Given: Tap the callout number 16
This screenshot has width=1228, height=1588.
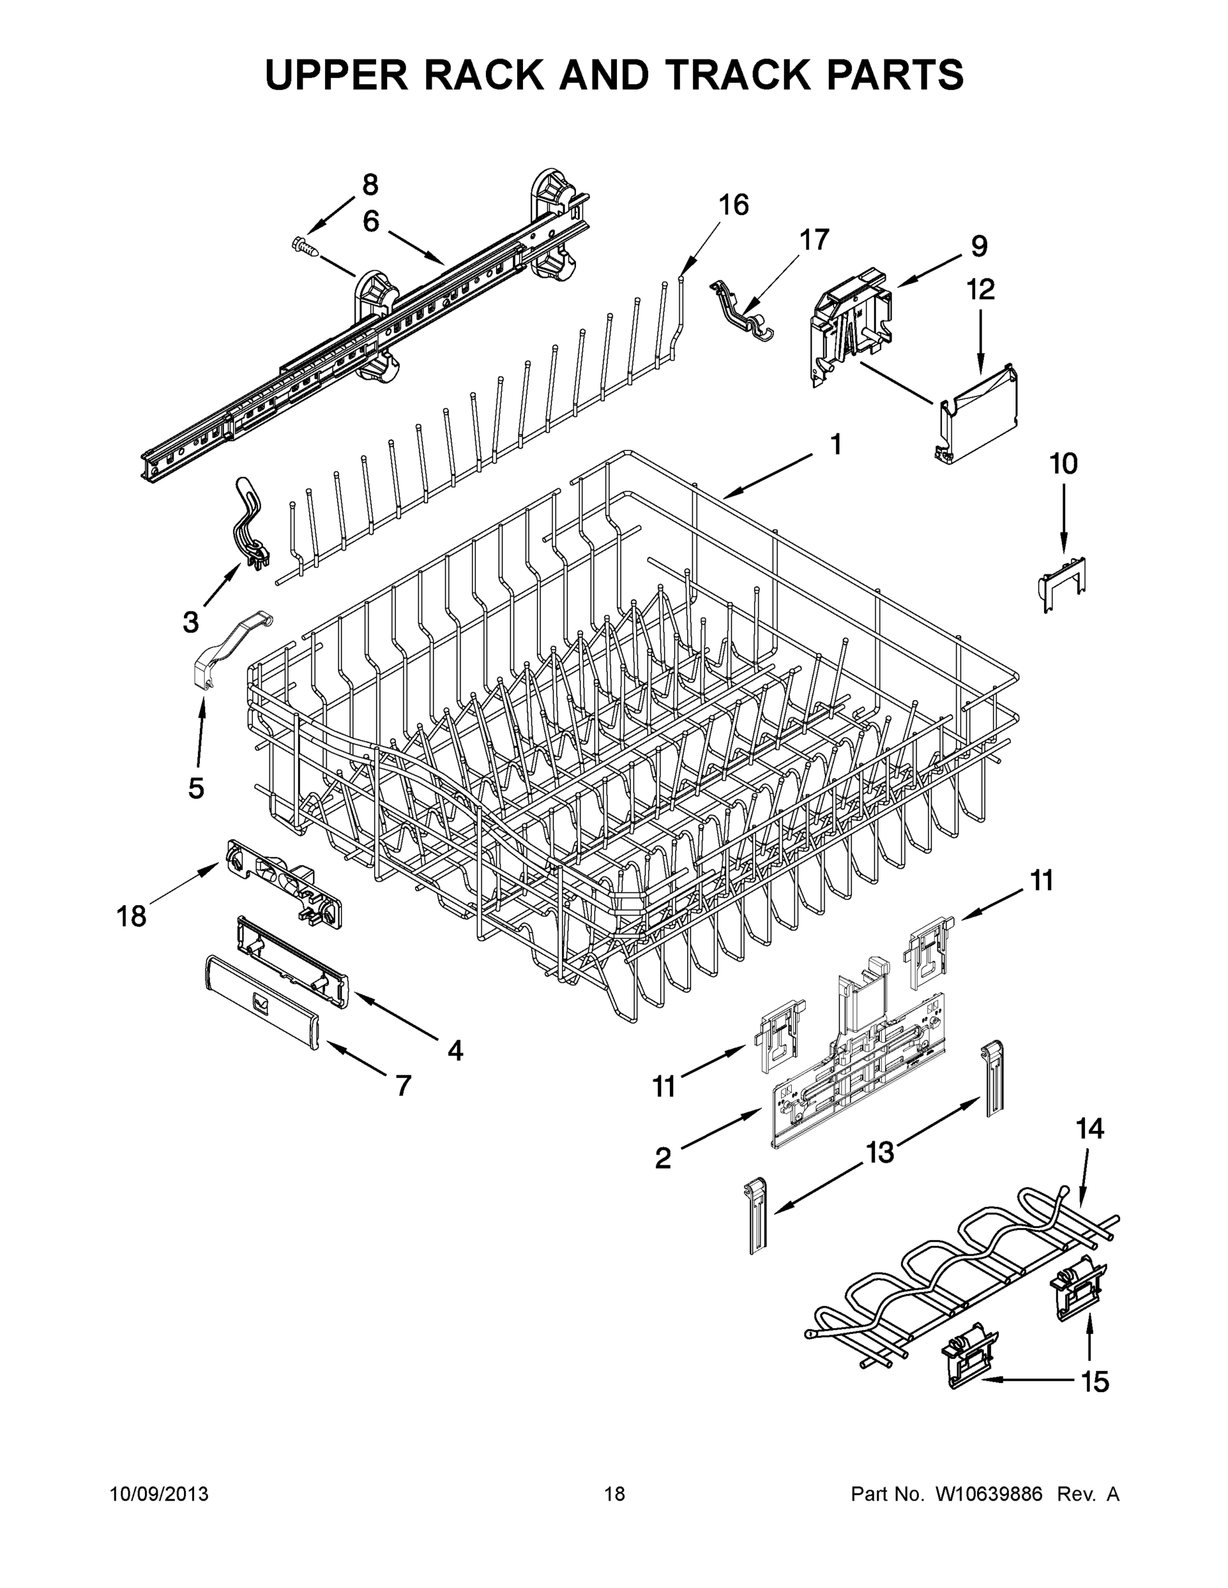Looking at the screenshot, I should coord(733,206).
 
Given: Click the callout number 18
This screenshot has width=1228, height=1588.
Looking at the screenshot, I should coord(132,916).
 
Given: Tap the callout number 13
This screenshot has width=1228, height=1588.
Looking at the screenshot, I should coord(880,1153).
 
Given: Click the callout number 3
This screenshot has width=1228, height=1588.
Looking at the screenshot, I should coord(190,623).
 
